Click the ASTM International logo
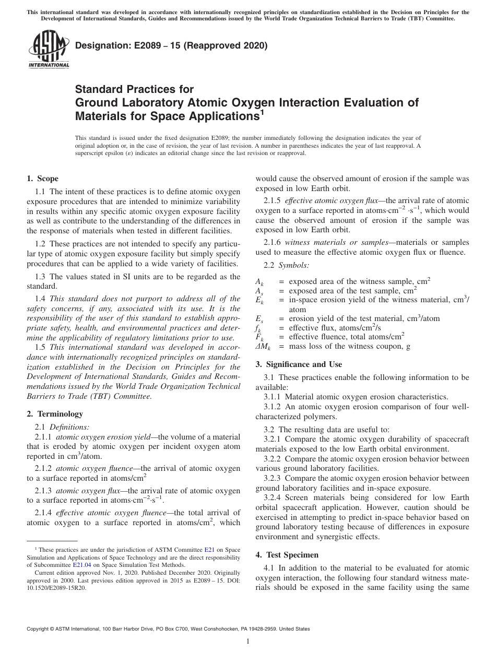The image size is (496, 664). [x=48, y=50]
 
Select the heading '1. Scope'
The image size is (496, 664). [x=42, y=179]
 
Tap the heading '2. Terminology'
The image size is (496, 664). [x=55, y=414]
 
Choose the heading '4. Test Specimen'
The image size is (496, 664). [x=287, y=554]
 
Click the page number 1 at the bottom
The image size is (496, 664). [x=248, y=642]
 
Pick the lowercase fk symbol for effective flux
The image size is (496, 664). [x=258, y=328]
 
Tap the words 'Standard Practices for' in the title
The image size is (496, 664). [x=134, y=89]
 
